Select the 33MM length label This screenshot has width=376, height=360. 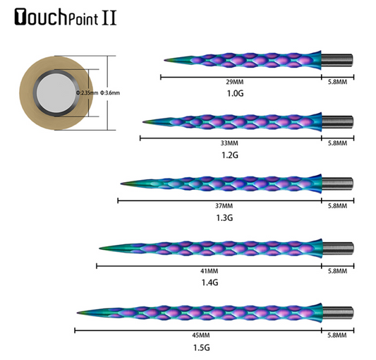click(x=231, y=143)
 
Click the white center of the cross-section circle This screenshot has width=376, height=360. click(x=54, y=92)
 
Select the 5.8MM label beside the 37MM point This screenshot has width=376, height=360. click(x=338, y=206)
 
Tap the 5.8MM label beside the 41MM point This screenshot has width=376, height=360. click(x=338, y=271)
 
